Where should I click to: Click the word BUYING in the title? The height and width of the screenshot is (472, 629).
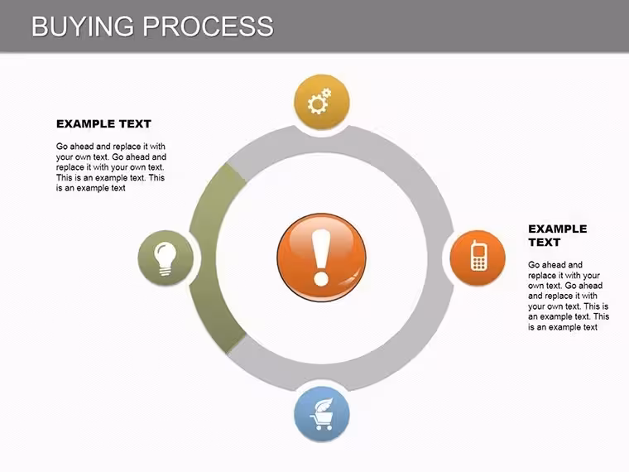tap(82, 26)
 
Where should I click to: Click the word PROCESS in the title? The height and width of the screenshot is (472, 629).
tap(209, 26)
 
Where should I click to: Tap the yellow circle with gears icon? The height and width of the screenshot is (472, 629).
tap(322, 102)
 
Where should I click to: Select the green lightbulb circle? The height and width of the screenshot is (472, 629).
tap(166, 258)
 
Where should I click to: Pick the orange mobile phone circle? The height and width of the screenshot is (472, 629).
tap(478, 258)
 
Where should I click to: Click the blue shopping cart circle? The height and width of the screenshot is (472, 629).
tap(322, 414)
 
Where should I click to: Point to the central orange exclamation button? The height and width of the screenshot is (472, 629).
tap(321, 258)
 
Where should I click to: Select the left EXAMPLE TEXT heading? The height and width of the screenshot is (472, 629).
tap(103, 124)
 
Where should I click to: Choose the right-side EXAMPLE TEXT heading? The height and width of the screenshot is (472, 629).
tap(557, 236)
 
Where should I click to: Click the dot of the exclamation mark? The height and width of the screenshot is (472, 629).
tap(321, 278)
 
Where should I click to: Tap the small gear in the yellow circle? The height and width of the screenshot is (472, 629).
tap(327, 93)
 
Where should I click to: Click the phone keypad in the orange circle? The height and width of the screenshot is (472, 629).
tap(478, 262)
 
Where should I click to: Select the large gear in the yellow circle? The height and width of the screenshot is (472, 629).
tap(317, 105)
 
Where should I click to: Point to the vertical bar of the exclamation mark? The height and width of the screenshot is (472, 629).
tap(321, 249)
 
